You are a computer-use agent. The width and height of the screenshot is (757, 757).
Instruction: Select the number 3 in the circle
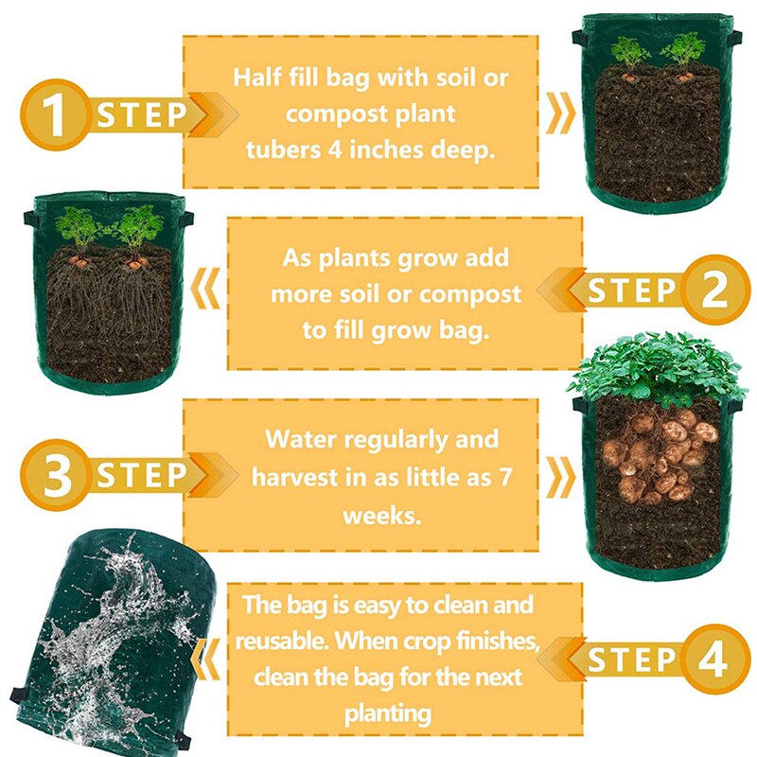tap(57, 475)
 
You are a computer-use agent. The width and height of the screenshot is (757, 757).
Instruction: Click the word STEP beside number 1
tap(142, 115)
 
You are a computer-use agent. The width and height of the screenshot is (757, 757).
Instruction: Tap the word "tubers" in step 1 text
tap(282, 150)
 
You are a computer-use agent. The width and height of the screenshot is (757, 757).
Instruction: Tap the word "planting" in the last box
tap(389, 712)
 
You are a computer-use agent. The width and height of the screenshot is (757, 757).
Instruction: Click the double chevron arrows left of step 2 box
tap(207, 290)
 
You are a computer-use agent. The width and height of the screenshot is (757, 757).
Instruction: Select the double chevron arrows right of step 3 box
tap(562, 475)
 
